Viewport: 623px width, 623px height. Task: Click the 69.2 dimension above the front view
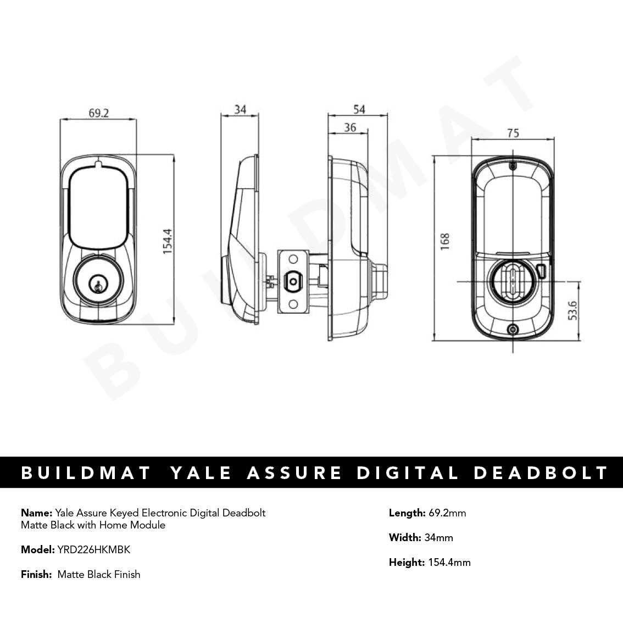[x=99, y=113]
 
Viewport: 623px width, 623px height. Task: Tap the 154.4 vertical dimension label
[x=168, y=240]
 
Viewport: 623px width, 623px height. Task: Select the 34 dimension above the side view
[x=240, y=109]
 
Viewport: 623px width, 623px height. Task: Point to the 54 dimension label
[x=359, y=109]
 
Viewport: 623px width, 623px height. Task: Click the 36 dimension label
[x=350, y=127]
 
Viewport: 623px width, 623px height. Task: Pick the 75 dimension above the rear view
[x=513, y=133]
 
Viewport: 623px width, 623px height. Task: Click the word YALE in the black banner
[x=201, y=472]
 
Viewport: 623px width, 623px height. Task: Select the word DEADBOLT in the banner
[x=541, y=472]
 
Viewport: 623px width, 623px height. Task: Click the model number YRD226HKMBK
[x=93, y=549]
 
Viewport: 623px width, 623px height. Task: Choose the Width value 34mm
[x=439, y=537]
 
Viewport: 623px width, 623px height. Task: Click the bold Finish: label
[x=37, y=574]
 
